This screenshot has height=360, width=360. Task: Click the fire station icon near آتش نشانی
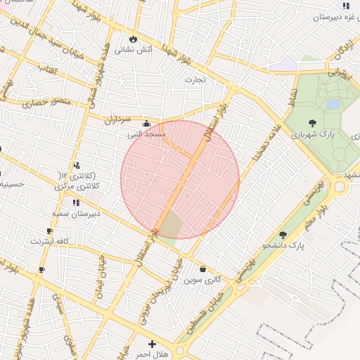pyautogui.click(x=133, y=39)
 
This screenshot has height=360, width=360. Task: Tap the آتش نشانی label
pyautogui.click(x=134, y=50)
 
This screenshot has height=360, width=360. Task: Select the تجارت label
pyautogui.click(x=194, y=79)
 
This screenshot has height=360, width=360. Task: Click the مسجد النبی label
pyautogui.click(x=146, y=133)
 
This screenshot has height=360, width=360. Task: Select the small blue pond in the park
pyautogui.click(x=333, y=104)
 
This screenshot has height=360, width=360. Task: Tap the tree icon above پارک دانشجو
pyautogui.click(x=283, y=235)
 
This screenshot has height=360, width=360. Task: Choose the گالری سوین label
pyautogui.click(x=202, y=279)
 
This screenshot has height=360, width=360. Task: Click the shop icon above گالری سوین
pyautogui.click(x=203, y=269)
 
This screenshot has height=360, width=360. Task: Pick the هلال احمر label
pyautogui.click(x=152, y=354)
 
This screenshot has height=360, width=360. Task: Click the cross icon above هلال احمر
pyautogui.click(x=153, y=344)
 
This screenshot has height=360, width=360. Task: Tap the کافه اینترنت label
pyautogui.click(x=49, y=241)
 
